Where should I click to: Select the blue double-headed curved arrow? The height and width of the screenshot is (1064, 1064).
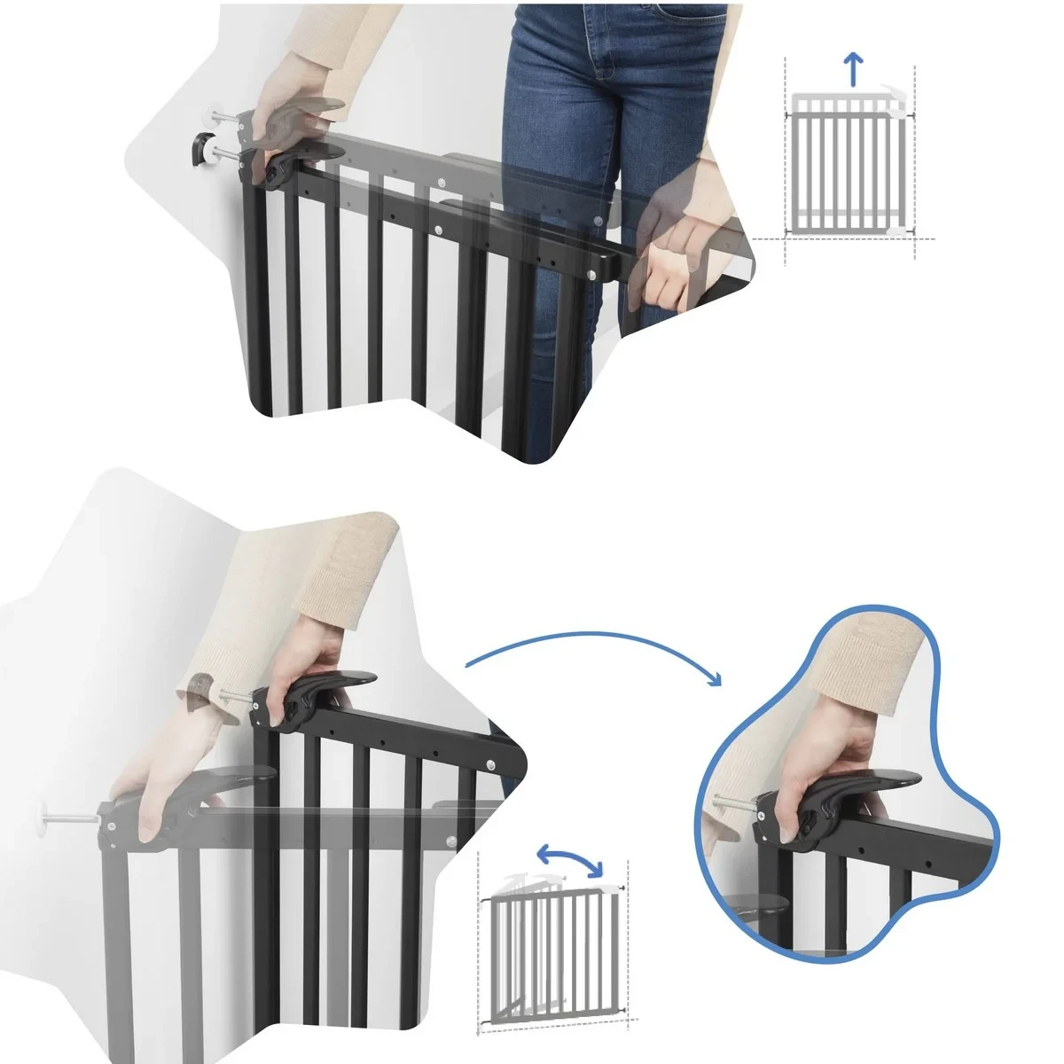[571, 857]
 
